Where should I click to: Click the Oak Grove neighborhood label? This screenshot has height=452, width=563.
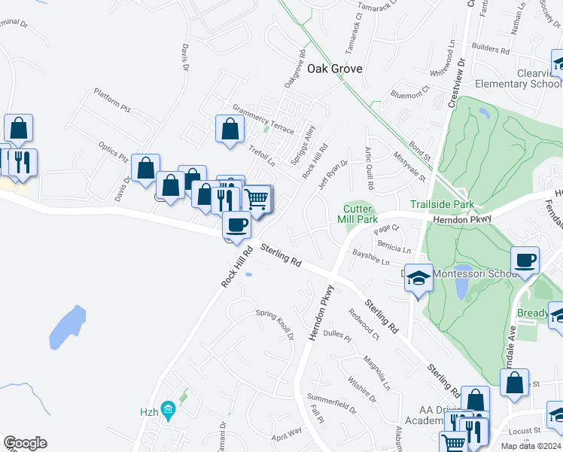335,69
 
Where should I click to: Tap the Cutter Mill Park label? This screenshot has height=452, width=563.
360,214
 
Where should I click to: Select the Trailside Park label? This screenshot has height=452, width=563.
442,204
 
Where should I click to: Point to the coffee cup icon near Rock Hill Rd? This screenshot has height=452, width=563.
237,224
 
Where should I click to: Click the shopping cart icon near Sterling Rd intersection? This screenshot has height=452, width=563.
257,199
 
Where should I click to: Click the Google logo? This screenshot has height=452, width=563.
25,443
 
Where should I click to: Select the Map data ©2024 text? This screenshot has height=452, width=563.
531,446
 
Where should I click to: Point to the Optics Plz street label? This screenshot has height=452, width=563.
113,152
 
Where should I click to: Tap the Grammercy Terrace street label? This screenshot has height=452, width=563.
263,119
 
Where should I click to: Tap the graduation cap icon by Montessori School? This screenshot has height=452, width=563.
418,279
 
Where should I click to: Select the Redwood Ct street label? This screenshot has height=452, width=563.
363,322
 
